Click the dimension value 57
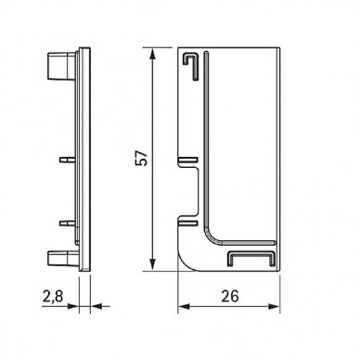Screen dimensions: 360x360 143,158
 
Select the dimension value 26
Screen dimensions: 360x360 230,296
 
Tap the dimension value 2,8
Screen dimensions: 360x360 53,296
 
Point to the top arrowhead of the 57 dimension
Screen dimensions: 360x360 152,55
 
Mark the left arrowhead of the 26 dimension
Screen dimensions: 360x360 184,306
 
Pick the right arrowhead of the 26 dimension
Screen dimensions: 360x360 274,306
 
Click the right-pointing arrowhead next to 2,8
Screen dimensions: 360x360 73,306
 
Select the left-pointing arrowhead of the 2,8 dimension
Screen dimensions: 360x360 96,306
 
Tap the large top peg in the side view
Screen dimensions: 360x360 61,66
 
